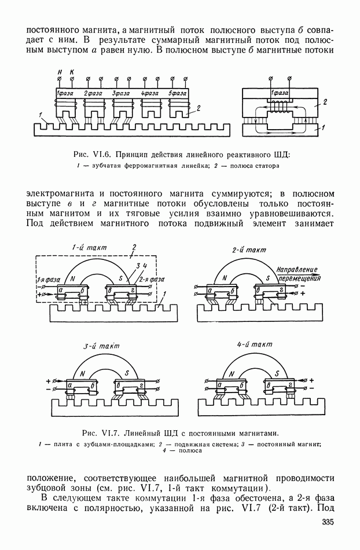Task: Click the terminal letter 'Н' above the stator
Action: (x=60, y=71)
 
